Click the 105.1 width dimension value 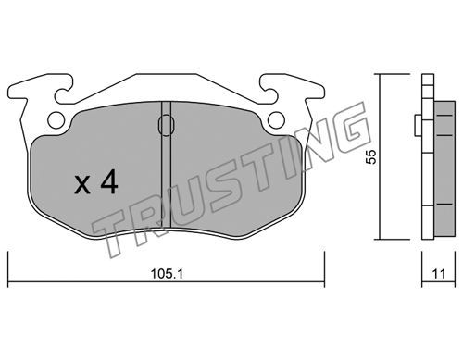(167, 273)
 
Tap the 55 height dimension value (370, 156)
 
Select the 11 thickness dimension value (439, 274)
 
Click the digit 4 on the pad (109, 181)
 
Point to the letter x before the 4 (82, 186)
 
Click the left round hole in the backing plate (56, 119)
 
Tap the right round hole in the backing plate (276, 119)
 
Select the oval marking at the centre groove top (167, 125)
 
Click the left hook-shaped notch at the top (62, 90)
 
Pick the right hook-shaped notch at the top (268, 90)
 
